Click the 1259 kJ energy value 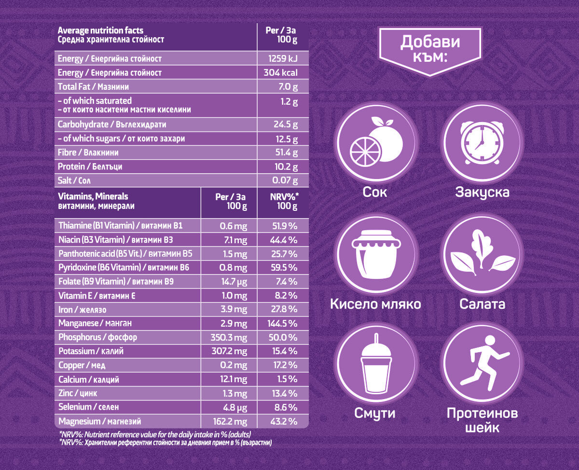coord(283,59)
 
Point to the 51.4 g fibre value coord(286,152)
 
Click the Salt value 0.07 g coord(284,180)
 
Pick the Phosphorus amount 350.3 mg coord(229,337)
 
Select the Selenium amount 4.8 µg coord(234,407)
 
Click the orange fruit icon coord(376,142)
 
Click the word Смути coord(375,413)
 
